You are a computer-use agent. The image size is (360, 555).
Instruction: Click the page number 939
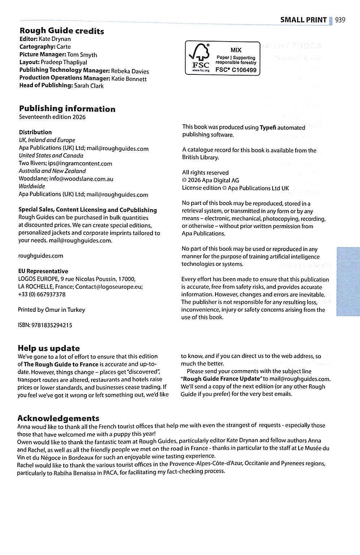click(340, 20)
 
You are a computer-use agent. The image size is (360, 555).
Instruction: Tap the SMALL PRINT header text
click(303, 20)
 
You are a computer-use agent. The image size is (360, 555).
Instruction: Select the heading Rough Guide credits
click(61, 31)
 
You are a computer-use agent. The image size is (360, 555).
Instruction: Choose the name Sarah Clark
click(89, 86)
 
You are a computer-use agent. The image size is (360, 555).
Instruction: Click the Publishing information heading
click(67, 109)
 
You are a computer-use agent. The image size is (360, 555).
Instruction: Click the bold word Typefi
click(268, 127)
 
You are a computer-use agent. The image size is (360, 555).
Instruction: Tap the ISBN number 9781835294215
click(52, 325)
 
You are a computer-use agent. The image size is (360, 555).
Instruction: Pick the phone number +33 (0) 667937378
click(42, 294)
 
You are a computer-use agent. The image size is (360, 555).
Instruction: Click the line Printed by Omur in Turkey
click(51, 310)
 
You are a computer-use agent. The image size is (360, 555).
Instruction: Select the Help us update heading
click(48, 348)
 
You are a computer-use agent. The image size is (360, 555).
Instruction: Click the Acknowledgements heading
click(58, 418)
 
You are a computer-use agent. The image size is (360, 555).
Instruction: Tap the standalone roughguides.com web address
click(40, 256)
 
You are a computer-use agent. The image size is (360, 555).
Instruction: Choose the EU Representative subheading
click(43, 271)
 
